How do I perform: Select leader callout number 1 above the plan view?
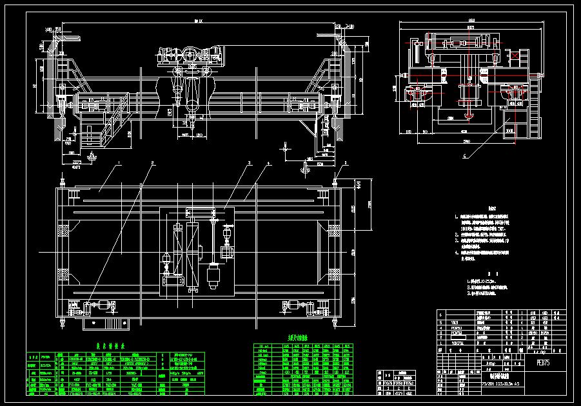pyautogui.click(x=119, y=164)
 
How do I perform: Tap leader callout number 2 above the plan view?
pyautogui.click(x=152, y=163)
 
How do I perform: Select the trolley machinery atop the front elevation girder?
pyautogui.click(x=190, y=55)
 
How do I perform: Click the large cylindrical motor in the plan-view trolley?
pyautogui.click(x=214, y=277)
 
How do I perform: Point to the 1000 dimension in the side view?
pyautogui.click(x=510, y=130)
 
